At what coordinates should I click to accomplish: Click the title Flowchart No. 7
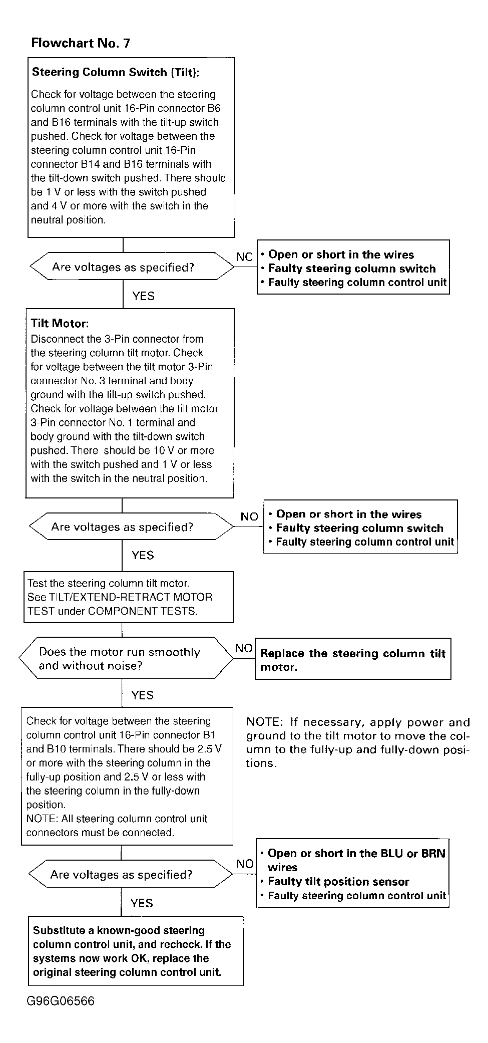pos(81,43)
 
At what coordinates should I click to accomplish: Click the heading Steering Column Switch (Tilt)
pos(116,72)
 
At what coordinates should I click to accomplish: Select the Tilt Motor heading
pos(60,324)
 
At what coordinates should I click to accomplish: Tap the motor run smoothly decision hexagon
pos(126,658)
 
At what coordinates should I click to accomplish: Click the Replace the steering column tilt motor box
pos(353,659)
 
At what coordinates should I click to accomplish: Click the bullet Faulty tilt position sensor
pos(338,881)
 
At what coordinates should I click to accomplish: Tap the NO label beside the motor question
pos(244,648)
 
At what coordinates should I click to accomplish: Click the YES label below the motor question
pos(142,695)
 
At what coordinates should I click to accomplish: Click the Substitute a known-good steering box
pos(136,951)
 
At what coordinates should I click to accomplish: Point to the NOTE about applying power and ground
pos(357,742)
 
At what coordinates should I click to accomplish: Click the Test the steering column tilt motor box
pos(129,597)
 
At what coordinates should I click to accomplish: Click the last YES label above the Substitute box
pos(141,903)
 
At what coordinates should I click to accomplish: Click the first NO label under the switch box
pos(244,257)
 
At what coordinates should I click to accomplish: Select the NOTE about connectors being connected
pos(117,826)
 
